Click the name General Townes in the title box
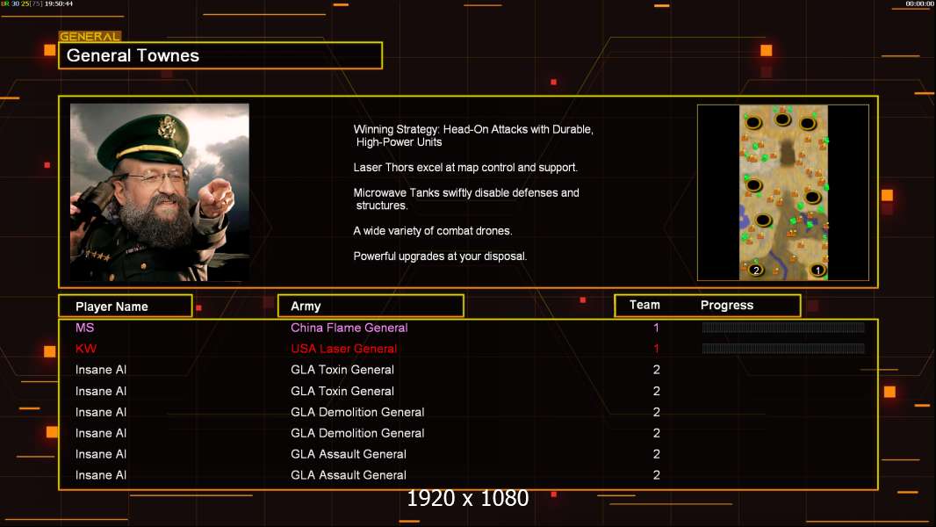[133, 55]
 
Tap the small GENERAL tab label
[90, 37]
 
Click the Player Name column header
[112, 307]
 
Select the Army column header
[306, 307]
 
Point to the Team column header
[644, 305]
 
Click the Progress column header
[727, 306]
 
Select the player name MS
[84, 328]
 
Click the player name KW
[86, 349]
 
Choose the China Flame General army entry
[349, 328]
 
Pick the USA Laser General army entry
[343, 349]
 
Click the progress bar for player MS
[783, 328]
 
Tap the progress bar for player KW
[783, 349]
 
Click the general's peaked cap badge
[166, 129]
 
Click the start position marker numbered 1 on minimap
[817, 270]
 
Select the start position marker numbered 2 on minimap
[755, 270]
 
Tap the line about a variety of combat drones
[432, 231]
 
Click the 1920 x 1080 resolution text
[467, 499]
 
